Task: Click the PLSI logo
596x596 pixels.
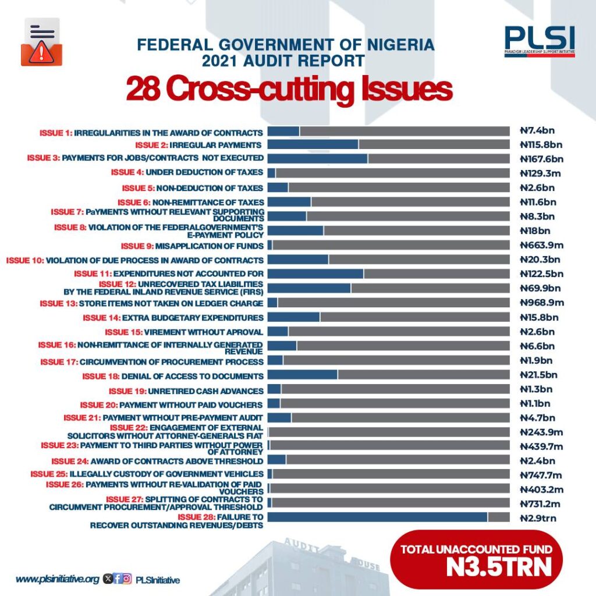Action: pos(540,41)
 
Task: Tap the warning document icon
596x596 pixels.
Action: pos(41,42)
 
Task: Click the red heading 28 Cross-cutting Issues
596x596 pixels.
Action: pos(289,89)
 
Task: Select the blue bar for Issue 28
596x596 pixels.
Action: pos(377,517)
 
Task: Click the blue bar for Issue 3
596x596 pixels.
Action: pos(317,158)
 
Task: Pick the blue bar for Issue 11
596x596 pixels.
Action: pos(315,274)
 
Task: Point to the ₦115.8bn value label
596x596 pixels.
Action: pos(541,145)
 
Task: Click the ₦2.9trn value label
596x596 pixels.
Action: pos(538,518)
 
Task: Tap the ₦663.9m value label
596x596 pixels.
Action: pos(542,245)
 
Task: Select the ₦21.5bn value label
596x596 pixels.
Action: pos(538,375)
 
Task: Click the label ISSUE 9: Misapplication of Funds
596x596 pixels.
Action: pos(192,246)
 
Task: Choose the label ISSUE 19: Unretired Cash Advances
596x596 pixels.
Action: pos(186,391)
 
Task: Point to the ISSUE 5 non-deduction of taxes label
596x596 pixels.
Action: pos(192,188)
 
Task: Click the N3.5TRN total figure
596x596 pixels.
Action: pos(499,567)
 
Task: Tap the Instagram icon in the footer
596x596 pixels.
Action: pos(127,579)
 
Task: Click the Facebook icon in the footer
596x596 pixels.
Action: pos(118,579)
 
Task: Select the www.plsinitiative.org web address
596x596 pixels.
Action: pos(58,579)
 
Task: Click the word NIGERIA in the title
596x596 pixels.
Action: pos(400,45)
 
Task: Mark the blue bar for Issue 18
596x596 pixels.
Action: pos(303,374)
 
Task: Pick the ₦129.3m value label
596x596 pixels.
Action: pos(540,173)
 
